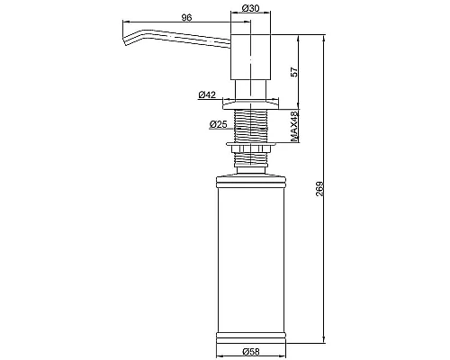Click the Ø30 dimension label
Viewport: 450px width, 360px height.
pyautogui.click(x=250, y=8)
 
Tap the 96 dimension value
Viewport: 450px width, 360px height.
pyautogui.click(x=186, y=18)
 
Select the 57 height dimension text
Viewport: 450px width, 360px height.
pyautogui.click(x=294, y=72)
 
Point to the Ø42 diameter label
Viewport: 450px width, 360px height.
pyautogui.click(x=207, y=94)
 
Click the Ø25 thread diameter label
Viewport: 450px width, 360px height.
pyautogui.click(x=219, y=124)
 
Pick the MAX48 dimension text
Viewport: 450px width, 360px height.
pyautogui.click(x=294, y=126)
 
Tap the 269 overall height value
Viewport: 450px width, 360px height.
pyautogui.click(x=319, y=189)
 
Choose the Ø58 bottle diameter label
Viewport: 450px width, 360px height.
pyautogui.click(x=251, y=351)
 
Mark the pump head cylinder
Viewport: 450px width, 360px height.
pyautogui.click(x=250, y=57)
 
